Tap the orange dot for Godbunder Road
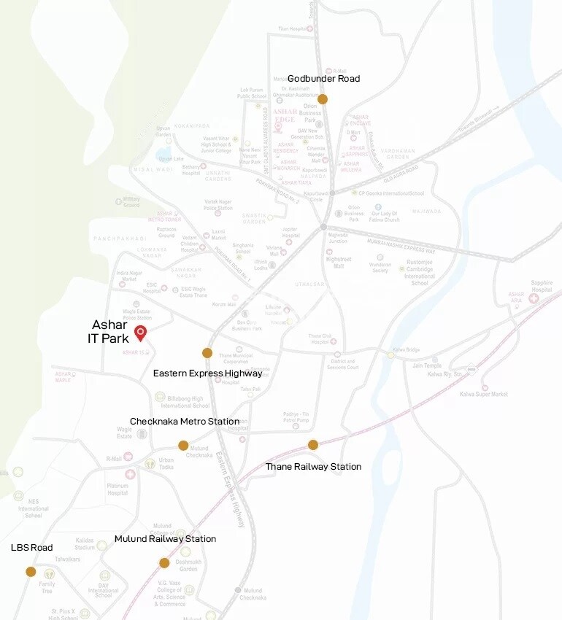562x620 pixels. [x=323, y=98]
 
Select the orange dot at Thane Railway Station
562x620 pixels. [x=313, y=445]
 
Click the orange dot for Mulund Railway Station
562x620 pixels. [x=164, y=562]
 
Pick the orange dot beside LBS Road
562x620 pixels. [x=31, y=572]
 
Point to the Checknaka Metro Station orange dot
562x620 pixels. [x=183, y=446]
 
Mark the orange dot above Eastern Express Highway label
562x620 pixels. [x=207, y=353]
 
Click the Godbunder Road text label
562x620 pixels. [x=323, y=79]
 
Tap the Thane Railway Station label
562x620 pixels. [x=313, y=467]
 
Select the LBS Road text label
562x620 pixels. [x=31, y=547]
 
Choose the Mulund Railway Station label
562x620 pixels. [x=165, y=539]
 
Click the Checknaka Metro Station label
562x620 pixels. [x=185, y=422]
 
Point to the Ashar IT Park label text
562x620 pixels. [x=110, y=331]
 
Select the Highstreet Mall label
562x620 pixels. [x=339, y=262]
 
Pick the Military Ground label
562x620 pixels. [x=131, y=201]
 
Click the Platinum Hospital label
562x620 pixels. [x=117, y=489]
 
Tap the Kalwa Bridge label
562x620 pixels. [x=406, y=350]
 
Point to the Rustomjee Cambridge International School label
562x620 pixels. [x=420, y=273]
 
